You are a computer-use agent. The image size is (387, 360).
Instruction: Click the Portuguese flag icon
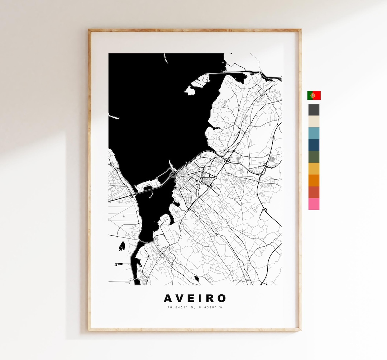314,95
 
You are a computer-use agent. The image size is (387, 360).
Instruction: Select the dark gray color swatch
314,110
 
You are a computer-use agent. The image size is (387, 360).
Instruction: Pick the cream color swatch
314,122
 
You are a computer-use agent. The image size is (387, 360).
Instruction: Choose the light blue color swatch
314,133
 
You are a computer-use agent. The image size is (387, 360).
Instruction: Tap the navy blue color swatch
314,145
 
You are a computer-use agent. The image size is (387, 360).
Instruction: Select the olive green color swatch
314,157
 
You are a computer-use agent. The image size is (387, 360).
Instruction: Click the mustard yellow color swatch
314,169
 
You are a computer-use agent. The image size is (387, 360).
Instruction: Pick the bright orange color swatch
314,180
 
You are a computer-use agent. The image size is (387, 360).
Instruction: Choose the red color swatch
314,192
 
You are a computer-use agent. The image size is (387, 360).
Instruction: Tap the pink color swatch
314,204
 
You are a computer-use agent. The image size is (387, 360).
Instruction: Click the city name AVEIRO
195,298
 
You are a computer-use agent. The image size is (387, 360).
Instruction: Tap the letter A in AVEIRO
168,298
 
